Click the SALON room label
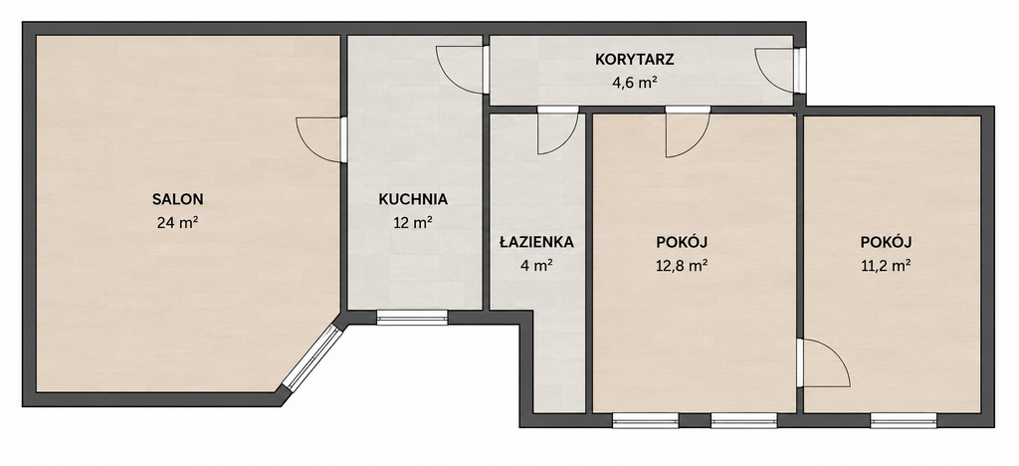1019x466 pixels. click(177, 199)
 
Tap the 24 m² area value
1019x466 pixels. click(177, 222)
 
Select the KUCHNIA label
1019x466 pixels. click(413, 199)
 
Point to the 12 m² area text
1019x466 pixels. click(413, 223)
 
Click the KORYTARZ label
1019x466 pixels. click(635, 60)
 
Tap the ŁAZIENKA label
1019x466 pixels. click(536, 242)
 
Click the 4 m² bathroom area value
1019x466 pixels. click(536, 265)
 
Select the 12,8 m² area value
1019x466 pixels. click(682, 265)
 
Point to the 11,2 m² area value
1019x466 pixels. click(886, 265)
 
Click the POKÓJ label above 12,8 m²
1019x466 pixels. click(682, 242)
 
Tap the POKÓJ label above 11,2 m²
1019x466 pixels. click(886, 242)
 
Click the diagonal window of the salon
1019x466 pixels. click(311, 357)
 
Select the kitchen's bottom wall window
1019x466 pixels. click(412, 318)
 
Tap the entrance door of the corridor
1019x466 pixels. click(780, 71)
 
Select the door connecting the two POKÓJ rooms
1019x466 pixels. click(823, 363)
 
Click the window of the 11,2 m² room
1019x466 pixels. click(904, 420)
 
